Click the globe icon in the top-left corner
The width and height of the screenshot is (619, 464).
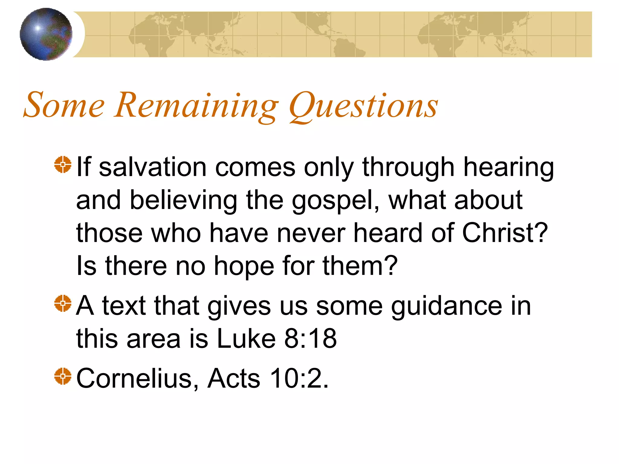pos(46,34)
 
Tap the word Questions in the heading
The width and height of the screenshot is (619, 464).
pos(363,106)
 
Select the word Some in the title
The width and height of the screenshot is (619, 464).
pos(64,105)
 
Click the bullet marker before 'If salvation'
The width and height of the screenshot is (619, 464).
pos(63,165)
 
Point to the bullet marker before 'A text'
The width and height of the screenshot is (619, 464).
pos(63,303)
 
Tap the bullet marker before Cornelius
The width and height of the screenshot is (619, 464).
pos(63,376)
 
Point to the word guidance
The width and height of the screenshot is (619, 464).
pos(446,307)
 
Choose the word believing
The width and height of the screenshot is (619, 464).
pos(183,201)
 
